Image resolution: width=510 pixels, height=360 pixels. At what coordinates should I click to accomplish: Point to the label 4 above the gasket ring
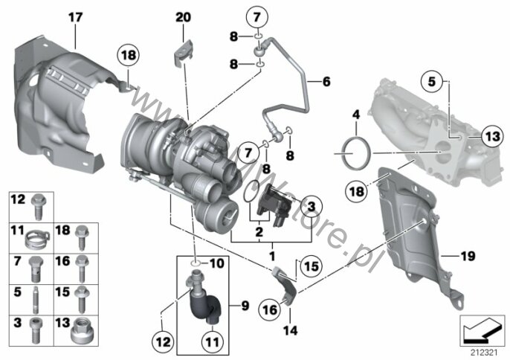coord(355,115)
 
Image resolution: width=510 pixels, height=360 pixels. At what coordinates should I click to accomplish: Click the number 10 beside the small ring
coord(216,263)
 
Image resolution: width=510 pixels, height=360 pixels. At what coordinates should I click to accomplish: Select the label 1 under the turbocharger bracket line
coord(271,255)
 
